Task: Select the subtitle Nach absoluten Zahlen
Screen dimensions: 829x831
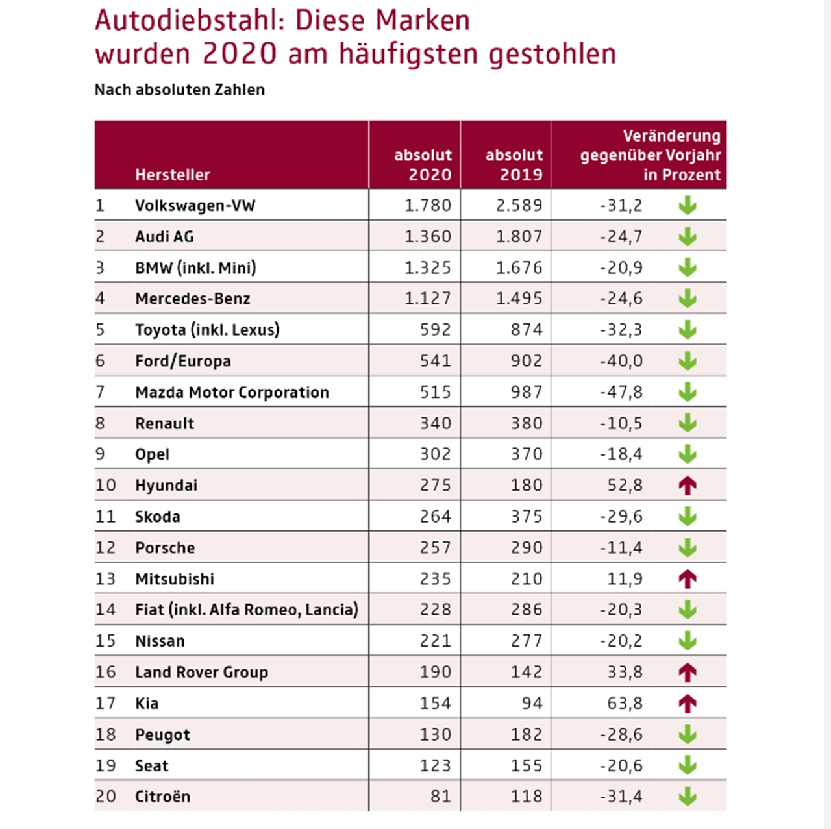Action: pyautogui.click(x=179, y=90)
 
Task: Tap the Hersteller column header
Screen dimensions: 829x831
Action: pyautogui.click(x=172, y=175)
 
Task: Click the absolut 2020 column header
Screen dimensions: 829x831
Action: pyautogui.click(x=423, y=165)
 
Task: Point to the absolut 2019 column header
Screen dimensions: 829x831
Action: pyautogui.click(x=514, y=165)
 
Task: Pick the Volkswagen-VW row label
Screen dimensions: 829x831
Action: pyautogui.click(x=195, y=205)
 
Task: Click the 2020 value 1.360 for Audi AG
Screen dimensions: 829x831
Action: pyautogui.click(x=427, y=236)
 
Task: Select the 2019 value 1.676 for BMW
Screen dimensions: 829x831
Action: pyautogui.click(x=519, y=267)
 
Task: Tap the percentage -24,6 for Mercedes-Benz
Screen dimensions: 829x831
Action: pyautogui.click(x=621, y=299)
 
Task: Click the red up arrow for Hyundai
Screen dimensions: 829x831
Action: pyautogui.click(x=687, y=486)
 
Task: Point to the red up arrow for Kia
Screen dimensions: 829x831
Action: pyautogui.click(x=687, y=703)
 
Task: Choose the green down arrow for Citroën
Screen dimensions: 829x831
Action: pyautogui.click(x=687, y=797)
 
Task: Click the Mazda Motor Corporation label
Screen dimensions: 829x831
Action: pyautogui.click(x=232, y=392)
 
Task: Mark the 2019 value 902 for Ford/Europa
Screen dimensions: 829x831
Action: pyautogui.click(x=526, y=361)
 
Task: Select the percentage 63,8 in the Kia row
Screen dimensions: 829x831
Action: pyautogui.click(x=625, y=703)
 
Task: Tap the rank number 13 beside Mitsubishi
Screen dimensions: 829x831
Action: pyautogui.click(x=105, y=578)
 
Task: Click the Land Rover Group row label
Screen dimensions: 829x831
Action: pyautogui.click(x=201, y=672)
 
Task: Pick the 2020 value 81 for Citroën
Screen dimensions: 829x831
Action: pyautogui.click(x=440, y=797)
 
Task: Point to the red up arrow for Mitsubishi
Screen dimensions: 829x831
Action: pyautogui.click(x=687, y=578)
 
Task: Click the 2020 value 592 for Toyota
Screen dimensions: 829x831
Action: pyautogui.click(x=435, y=330)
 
